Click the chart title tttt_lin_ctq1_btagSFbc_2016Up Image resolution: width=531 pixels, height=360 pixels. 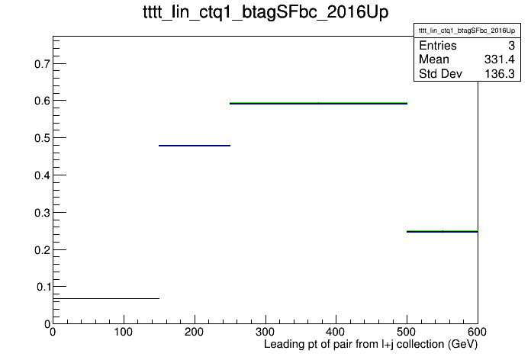coord(265,13)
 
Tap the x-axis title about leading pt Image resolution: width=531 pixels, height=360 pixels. coord(371,344)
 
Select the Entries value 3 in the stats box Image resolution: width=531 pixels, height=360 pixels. coord(511,45)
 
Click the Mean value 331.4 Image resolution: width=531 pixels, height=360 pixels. coord(500,59)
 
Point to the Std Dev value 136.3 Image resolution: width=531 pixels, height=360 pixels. coord(500,73)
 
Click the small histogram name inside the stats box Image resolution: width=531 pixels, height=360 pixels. coord(467,31)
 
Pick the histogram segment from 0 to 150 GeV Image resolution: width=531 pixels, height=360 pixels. coord(106,298)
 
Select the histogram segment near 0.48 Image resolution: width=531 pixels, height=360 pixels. coord(195,146)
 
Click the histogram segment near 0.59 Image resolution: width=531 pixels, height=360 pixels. coord(318,103)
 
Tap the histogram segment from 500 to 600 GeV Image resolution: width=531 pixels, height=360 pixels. coord(443,231)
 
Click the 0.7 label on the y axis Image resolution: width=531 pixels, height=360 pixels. coord(42,63)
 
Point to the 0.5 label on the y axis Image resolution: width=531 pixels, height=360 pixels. coord(42,138)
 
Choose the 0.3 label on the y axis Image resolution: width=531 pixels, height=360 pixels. coord(42,213)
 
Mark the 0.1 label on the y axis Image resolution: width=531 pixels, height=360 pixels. coord(43,287)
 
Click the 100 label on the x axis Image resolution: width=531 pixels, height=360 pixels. coord(124,332)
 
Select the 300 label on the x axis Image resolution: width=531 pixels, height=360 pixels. coord(265,332)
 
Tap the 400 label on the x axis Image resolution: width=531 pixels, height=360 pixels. coord(336,332)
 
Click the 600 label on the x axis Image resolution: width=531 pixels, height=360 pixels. coord(477,332)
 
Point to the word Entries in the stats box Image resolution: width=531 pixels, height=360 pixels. coord(438,45)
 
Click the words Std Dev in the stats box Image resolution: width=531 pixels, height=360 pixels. coord(440,73)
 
